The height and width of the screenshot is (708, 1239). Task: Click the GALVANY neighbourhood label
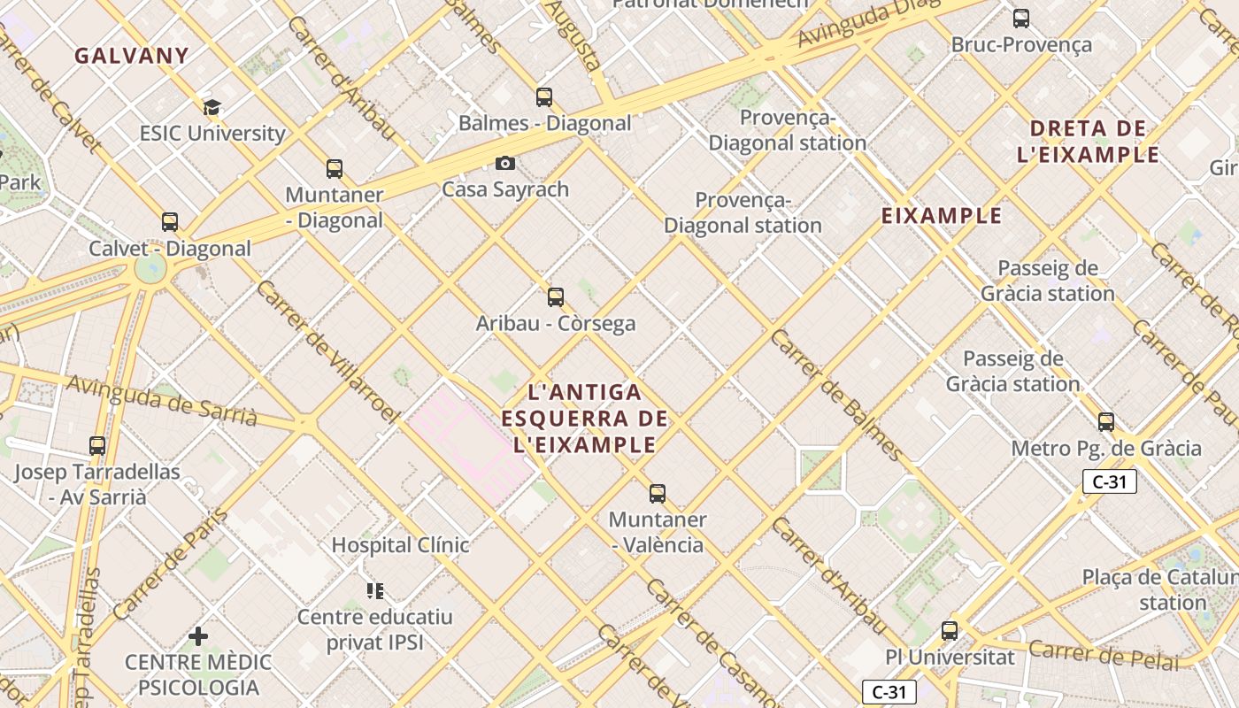(x=131, y=56)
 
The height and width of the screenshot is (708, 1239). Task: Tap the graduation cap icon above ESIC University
(x=212, y=108)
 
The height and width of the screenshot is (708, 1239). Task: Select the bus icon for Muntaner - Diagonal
(x=334, y=168)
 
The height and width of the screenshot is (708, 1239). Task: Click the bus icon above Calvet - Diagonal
(x=169, y=222)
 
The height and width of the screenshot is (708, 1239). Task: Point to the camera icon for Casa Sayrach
(x=505, y=163)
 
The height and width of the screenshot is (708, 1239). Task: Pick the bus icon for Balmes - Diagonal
(x=544, y=96)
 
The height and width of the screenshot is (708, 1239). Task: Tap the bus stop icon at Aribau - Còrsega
(x=556, y=297)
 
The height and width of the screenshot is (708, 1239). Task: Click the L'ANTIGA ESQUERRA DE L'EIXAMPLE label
(x=584, y=418)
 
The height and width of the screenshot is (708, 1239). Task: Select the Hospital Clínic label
(x=400, y=545)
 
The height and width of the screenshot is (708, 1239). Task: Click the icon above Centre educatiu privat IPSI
(x=375, y=590)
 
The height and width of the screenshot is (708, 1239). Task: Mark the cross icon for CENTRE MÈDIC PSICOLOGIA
(x=198, y=635)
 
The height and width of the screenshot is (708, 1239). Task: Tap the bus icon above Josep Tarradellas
(x=97, y=446)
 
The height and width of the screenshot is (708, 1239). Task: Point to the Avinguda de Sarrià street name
(x=161, y=399)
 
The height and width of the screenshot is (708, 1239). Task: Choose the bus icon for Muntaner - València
(x=657, y=493)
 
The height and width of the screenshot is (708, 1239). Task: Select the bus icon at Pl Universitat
(x=950, y=631)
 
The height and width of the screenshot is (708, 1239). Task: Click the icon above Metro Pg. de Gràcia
(x=1106, y=422)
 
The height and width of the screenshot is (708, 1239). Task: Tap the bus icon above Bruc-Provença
(x=1021, y=18)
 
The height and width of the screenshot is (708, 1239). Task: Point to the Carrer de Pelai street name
(x=1104, y=655)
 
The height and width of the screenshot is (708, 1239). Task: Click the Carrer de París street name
(x=171, y=563)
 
